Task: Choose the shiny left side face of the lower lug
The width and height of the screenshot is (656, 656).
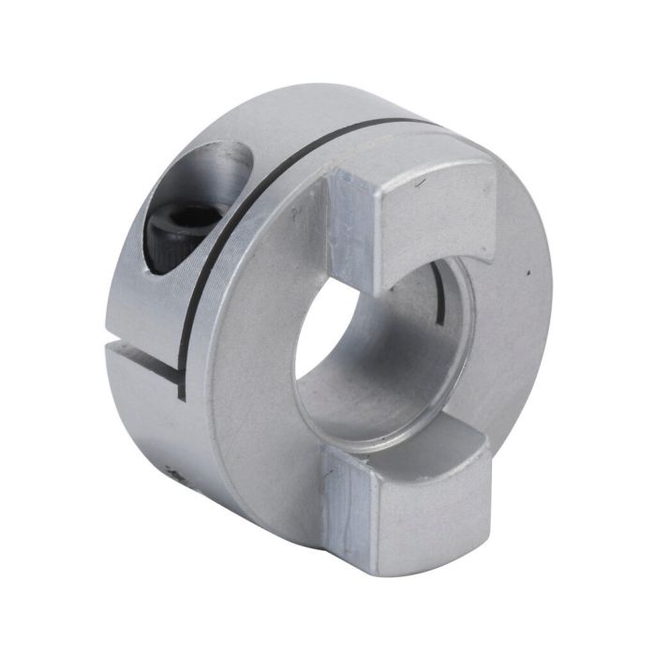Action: coord(343,506)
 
